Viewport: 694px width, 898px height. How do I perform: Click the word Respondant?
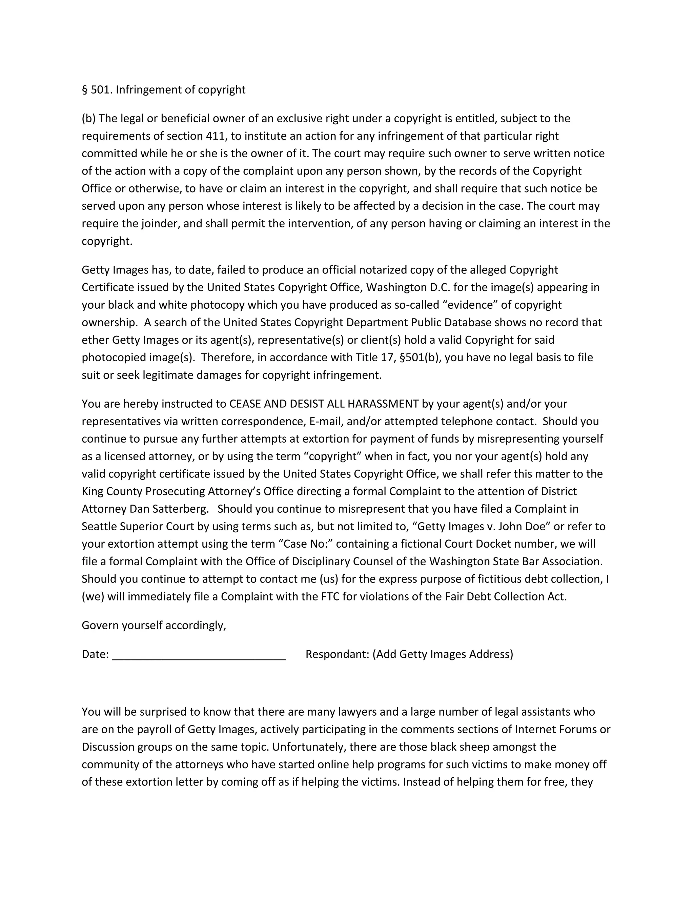337,654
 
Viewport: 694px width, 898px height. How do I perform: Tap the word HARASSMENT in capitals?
383,404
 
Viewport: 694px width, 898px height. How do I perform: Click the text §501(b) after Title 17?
420,357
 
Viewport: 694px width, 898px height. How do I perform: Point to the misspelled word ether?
95,340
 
